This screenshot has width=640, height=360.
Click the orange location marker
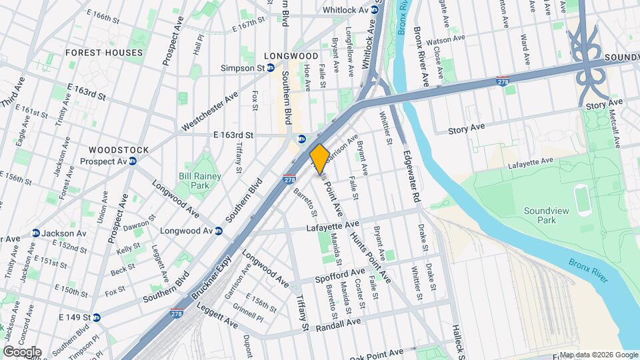click(x=319, y=158)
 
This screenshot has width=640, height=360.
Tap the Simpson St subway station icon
click(x=271, y=68)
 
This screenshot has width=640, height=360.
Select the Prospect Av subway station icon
click(x=133, y=161)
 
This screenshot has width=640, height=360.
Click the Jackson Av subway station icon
click(x=35, y=233)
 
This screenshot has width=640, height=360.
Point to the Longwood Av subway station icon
click(x=218, y=231)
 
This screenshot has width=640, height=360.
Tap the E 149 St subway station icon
click(x=96, y=317)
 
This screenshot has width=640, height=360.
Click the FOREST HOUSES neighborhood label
click(x=104, y=53)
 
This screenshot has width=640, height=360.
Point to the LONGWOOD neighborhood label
click(x=291, y=56)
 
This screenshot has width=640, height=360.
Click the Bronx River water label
click(x=589, y=269)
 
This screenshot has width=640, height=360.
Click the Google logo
click(x=22, y=351)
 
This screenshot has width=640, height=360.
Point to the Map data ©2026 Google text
click(x=598, y=355)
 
